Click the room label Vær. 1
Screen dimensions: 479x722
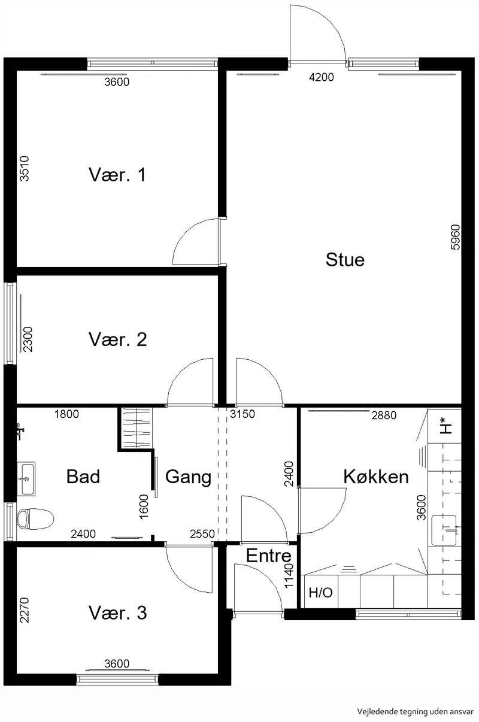pyautogui.click(x=117, y=175)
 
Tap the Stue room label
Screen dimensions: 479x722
pyautogui.click(x=345, y=259)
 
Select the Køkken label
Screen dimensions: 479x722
pyautogui.click(x=376, y=477)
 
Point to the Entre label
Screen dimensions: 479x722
pyautogui.click(x=269, y=556)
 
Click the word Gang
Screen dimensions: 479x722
pyautogui.click(x=188, y=477)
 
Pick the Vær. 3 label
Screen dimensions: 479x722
pyautogui.click(x=118, y=612)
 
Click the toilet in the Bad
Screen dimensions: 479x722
pyautogui.click(x=35, y=519)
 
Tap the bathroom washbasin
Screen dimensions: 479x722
pyautogui.click(x=26, y=479)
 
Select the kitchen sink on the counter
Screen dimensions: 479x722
pyautogui.click(x=444, y=530)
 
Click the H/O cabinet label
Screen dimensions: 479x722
pyautogui.click(x=320, y=593)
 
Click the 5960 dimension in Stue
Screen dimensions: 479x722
pyautogui.click(x=455, y=237)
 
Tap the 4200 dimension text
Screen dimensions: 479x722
pyautogui.click(x=322, y=77)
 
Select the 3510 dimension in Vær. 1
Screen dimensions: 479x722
pyautogui.click(x=25, y=169)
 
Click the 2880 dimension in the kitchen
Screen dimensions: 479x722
pyautogui.click(x=384, y=415)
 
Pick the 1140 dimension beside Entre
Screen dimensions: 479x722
pyautogui.click(x=289, y=576)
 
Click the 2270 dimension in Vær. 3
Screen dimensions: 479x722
pyautogui.click(x=25, y=610)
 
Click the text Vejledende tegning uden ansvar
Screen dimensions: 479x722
pyautogui.click(x=415, y=711)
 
